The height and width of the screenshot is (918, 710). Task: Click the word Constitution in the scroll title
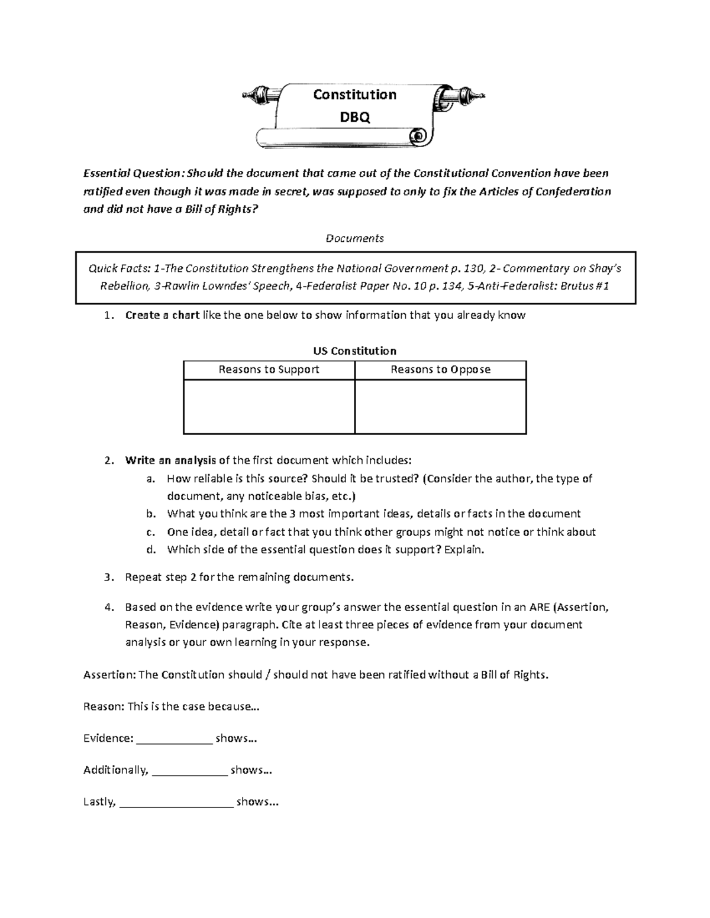coord(354,95)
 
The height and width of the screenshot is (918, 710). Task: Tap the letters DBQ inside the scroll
coord(354,117)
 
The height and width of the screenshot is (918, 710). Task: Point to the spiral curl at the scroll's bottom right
coord(419,137)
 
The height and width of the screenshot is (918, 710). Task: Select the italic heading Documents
coord(354,238)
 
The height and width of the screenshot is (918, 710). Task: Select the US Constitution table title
coord(354,351)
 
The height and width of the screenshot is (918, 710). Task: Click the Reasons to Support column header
coord(269,369)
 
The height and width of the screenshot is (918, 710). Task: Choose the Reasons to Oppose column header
coord(440,369)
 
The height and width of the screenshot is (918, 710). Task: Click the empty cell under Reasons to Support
coord(269,407)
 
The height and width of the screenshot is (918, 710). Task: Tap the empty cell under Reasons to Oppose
coord(440,407)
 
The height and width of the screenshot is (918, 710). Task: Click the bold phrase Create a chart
coord(162,315)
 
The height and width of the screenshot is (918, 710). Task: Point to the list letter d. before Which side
coord(151,549)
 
